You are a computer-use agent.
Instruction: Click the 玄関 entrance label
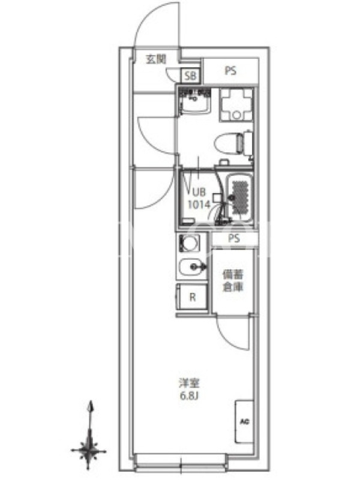pyautogui.click(x=156, y=59)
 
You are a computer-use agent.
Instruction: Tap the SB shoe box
pyautogui.click(x=191, y=76)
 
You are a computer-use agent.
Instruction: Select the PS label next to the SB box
pyautogui.click(x=231, y=71)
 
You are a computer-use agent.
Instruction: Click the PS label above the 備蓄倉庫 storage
pyautogui.click(x=234, y=238)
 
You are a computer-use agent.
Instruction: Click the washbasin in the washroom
pyautogui.click(x=195, y=101)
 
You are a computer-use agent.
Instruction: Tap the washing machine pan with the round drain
pyautogui.click(x=236, y=105)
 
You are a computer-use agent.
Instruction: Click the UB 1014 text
pyautogui.click(x=199, y=199)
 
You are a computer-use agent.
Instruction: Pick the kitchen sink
pyautogui.click(x=192, y=267)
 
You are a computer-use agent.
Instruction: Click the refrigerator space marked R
pyautogui.click(x=191, y=296)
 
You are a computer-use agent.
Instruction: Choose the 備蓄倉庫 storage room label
pyautogui.click(x=233, y=281)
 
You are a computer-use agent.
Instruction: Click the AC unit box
pyautogui.click(x=244, y=422)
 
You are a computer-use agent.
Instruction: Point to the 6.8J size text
pyautogui.click(x=189, y=396)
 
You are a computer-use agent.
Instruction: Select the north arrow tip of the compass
pyautogui.click(x=90, y=400)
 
